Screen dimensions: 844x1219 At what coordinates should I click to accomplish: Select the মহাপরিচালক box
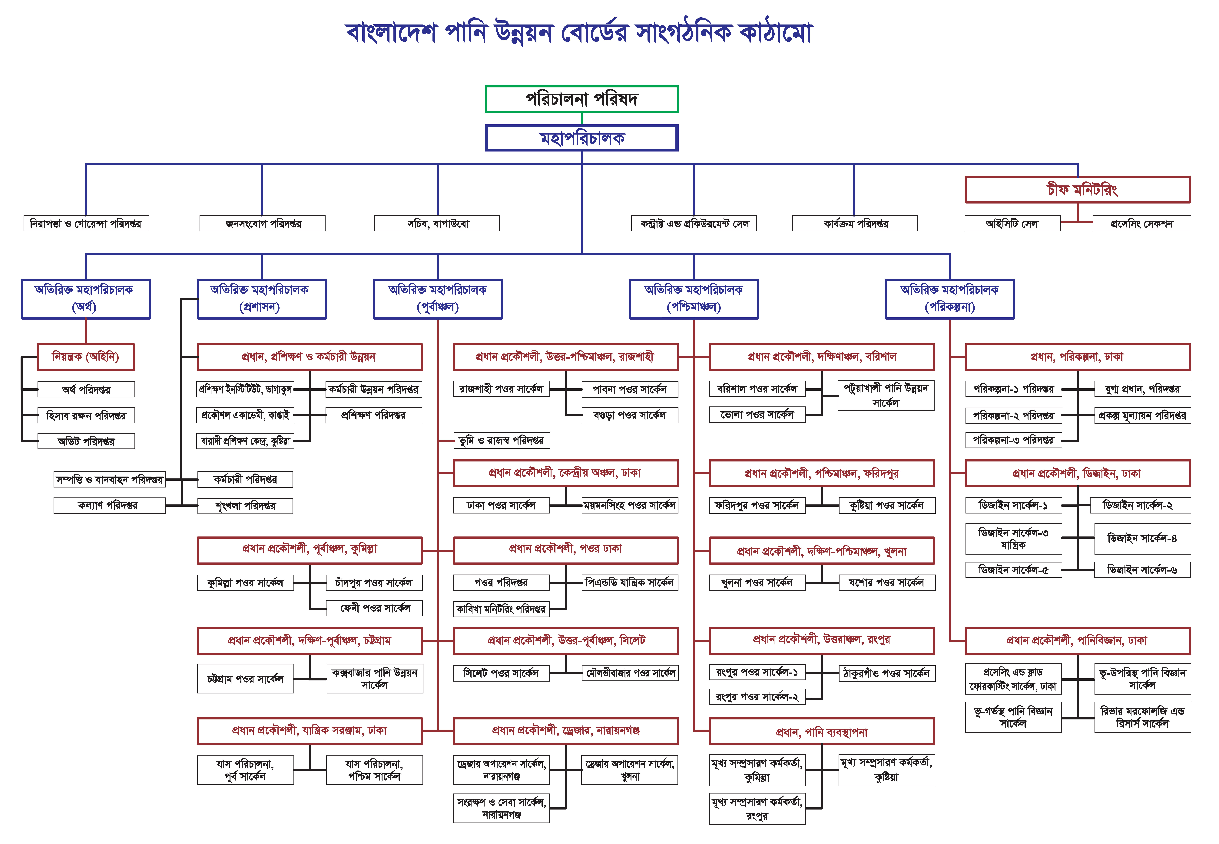click(x=581, y=138)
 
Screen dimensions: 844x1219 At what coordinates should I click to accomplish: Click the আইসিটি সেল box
click(x=1012, y=224)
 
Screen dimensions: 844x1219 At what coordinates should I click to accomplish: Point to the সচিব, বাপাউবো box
click(x=437, y=224)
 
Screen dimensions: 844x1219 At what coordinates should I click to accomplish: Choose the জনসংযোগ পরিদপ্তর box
click(x=262, y=224)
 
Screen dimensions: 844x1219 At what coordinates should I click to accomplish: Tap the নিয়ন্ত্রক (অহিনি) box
click(x=86, y=357)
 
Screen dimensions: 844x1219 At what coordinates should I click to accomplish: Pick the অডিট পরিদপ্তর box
click(x=86, y=441)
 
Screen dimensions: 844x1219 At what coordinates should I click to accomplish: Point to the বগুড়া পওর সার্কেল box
click(x=630, y=415)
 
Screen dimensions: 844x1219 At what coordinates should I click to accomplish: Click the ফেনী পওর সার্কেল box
click(x=375, y=608)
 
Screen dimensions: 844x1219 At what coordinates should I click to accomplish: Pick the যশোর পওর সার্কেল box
click(x=886, y=583)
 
